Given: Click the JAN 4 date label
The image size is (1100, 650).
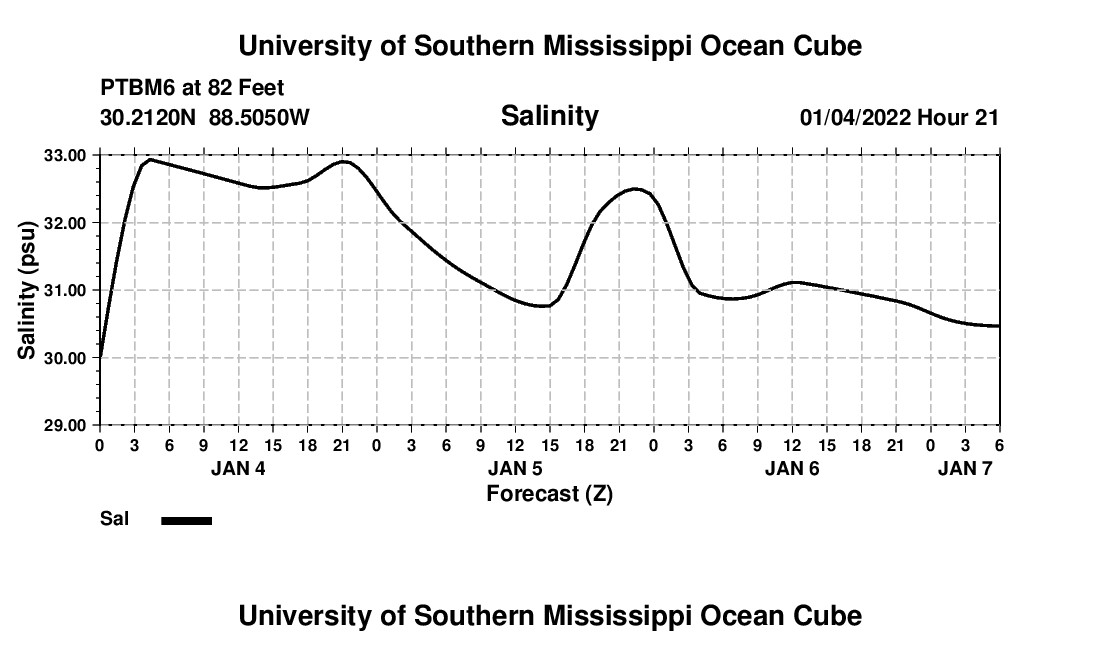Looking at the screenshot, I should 238,468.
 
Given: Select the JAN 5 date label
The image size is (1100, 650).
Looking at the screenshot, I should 515,468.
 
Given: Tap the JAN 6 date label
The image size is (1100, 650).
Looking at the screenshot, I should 792,468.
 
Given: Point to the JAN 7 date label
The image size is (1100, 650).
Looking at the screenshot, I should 965,468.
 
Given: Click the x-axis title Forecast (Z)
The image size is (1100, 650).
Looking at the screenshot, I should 549,493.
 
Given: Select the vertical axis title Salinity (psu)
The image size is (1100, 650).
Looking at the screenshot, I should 27,290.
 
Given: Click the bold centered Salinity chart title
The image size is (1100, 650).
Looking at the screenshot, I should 549,116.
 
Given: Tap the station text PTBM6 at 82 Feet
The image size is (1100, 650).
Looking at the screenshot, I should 192,89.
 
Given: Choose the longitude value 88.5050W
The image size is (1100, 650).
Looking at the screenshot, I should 259,118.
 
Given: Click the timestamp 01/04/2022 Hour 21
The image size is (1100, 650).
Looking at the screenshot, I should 899,118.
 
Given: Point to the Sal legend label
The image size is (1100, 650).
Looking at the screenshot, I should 114,519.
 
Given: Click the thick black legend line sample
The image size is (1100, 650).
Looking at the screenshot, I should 187,520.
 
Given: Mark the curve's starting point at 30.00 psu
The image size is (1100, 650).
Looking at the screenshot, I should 100,357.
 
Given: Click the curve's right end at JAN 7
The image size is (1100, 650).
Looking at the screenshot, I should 998,326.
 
